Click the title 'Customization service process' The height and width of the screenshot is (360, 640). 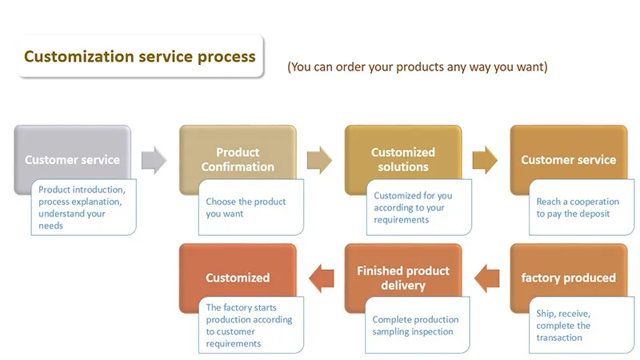139,56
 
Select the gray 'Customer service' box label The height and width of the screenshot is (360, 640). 72,159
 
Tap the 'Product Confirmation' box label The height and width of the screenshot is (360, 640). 238,159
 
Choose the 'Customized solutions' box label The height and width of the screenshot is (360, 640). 403,159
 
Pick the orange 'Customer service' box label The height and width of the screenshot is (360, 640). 568,159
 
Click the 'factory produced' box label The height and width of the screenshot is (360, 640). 568,278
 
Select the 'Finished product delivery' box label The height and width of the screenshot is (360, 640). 403,278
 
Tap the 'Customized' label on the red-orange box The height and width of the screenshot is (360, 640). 238,278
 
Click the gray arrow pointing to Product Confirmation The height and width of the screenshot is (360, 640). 154,159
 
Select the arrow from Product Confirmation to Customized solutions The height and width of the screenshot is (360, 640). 319,159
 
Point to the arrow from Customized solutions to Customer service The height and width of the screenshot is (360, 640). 485,159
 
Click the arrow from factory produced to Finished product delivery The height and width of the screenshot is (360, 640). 487,278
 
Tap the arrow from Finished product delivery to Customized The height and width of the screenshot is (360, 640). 322,278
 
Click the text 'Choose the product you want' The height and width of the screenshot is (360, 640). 246,207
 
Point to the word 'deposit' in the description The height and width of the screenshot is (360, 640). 594,214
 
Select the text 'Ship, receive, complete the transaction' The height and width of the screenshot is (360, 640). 563,326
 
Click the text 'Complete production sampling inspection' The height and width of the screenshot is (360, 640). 415,326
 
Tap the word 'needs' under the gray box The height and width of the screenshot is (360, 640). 50,226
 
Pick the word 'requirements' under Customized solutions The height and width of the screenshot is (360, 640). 402,219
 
